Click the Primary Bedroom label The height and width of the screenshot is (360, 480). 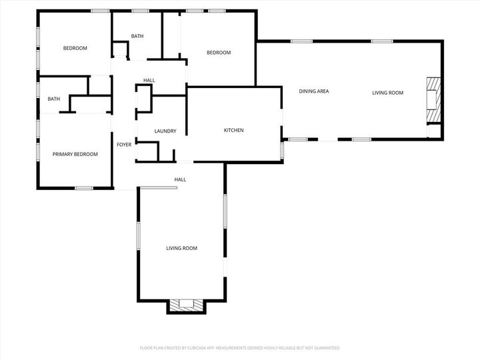click(75, 154)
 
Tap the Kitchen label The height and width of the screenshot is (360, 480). click(233, 130)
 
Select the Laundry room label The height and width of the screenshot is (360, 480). click(165, 131)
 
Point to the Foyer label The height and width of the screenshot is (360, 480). click(124, 145)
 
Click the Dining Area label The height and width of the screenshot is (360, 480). click(314, 91)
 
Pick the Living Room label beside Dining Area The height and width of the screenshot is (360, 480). click(387, 93)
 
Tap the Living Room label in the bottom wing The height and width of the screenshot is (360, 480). click(181, 248)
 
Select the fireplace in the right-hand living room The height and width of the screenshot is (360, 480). click(433, 100)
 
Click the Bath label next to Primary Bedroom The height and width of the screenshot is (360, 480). click(53, 99)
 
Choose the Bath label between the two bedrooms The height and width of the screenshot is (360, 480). click(137, 36)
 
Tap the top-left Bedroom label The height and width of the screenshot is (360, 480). click(75, 48)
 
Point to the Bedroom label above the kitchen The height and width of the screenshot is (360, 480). click(218, 53)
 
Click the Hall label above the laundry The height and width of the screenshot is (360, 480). click(149, 81)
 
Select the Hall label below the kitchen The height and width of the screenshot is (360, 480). click(180, 179)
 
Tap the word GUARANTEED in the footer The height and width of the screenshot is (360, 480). click(327, 348)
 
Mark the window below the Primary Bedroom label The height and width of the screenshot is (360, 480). click(83, 188)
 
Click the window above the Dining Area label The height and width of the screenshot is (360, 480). click(301, 41)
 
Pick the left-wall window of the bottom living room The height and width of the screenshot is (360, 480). click(138, 235)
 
